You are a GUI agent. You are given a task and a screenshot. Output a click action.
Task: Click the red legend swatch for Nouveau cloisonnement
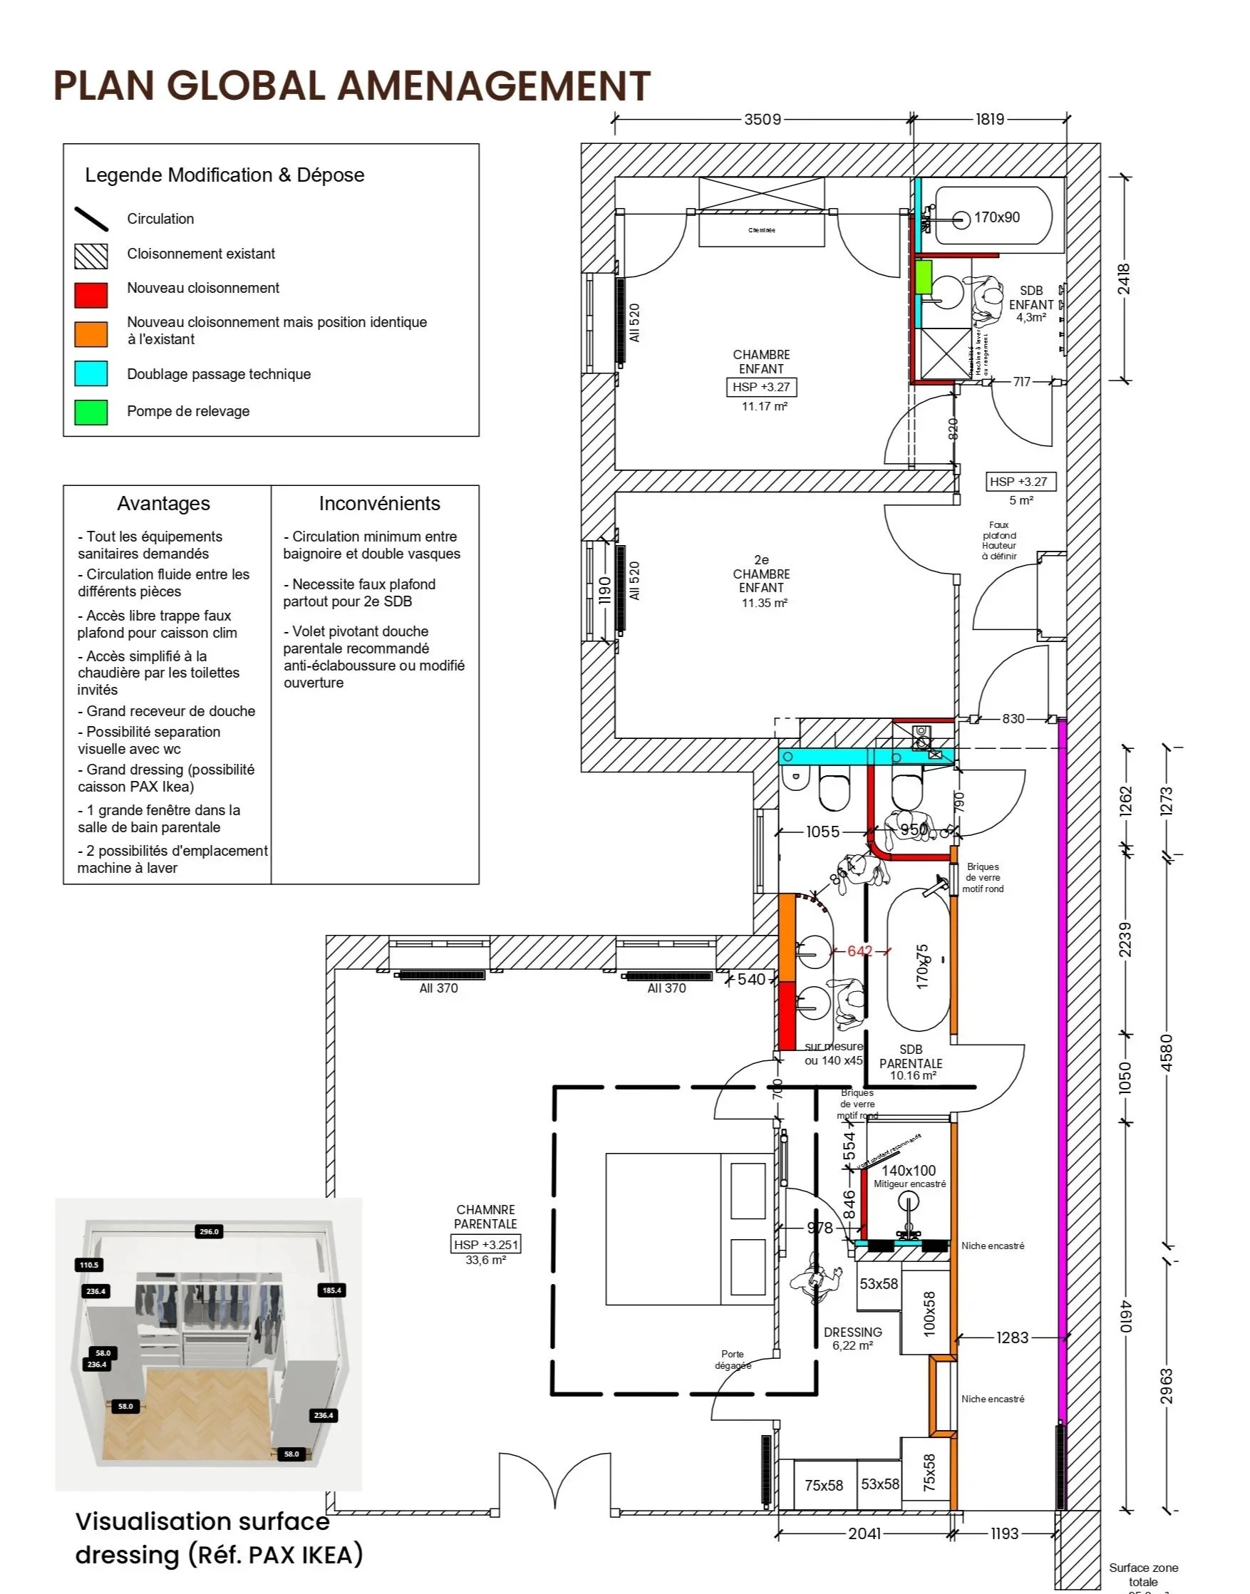(91, 295)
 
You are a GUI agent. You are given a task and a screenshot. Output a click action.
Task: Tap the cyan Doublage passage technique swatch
(91, 373)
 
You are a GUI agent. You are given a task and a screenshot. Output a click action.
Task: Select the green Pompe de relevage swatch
(91, 412)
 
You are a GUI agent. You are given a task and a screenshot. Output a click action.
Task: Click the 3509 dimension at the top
(763, 119)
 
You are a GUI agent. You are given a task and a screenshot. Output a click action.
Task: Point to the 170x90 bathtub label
(996, 217)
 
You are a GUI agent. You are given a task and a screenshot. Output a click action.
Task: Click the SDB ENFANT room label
(1031, 298)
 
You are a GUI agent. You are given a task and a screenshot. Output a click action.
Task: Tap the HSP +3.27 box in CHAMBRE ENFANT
(761, 387)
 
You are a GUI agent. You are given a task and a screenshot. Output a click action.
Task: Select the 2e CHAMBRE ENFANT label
(761, 574)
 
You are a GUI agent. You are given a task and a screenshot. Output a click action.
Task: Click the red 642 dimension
(859, 951)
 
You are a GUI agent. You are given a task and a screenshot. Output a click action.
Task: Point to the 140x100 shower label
(908, 1170)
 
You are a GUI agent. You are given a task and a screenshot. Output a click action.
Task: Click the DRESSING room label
(852, 1332)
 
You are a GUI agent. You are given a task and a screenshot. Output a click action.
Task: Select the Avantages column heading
(163, 504)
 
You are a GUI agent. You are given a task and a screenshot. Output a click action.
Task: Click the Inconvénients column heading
(379, 504)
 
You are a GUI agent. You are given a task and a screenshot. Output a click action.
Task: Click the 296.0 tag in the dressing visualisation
(209, 1232)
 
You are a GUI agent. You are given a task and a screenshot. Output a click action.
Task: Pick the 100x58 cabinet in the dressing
(929, 1314)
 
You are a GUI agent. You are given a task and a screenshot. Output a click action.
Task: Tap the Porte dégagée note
(733, 1360)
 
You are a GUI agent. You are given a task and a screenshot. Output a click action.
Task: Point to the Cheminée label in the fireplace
(761, 231)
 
